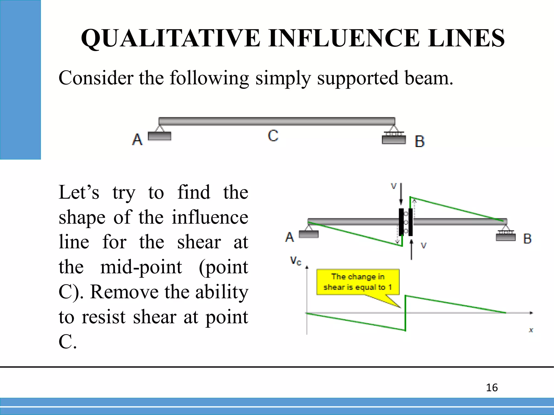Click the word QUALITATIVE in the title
170,38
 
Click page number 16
492,388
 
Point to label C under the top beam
273,136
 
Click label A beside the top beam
137,140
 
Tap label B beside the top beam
420,142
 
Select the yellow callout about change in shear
358,282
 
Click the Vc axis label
295,261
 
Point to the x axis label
531,330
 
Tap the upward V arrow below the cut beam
411,249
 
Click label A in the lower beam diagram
289,237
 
